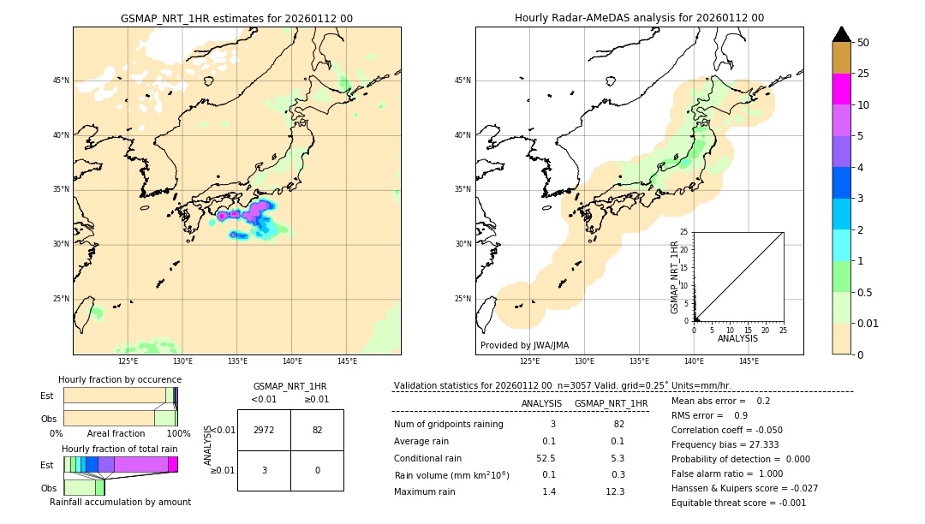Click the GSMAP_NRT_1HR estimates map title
coord(236,18)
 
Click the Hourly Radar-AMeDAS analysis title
coord(639,18)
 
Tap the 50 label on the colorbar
coord(863,42)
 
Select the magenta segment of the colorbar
coord(841,89)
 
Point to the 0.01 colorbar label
coord(868,323)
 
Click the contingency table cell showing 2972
coord(264,430)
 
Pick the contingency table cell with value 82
coord(317,430)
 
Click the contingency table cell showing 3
coord(264,470)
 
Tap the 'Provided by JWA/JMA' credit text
coord(524,345)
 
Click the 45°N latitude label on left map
coord(61,80)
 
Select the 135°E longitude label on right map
coord(639,361)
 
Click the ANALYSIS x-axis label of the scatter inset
coord(737,338)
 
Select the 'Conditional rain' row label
coord(428,458)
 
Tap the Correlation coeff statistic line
coord(726,430)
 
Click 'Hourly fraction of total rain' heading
coord(120,449)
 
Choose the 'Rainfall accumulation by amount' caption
coord(120,502)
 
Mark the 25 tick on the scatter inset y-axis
coord(685,232)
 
